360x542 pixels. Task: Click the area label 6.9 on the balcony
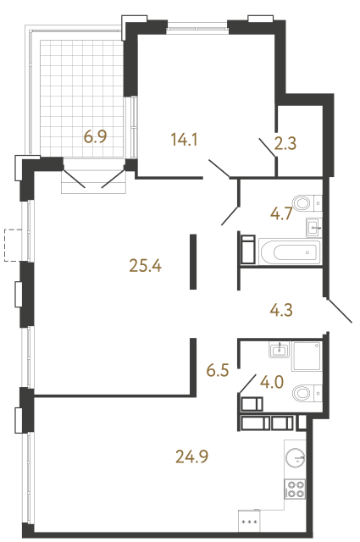pyautogui.click(x=94, y=136)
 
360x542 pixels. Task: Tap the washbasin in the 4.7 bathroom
pyautogui.click(x=313, y=227)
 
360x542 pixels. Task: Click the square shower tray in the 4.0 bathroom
pyautogui.click(x=307, y=358)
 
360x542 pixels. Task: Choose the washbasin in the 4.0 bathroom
pyautogui.click(x=279, y=349)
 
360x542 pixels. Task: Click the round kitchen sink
pyautogui.click(x=295, y=457)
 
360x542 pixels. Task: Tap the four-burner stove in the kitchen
pyautogui.click(x=296, y=489)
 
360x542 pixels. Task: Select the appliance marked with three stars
pyautogui.click(x=252, y=520)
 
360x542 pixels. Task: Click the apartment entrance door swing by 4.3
pyautogui.click(x=339, y=308)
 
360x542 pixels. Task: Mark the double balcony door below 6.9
pyautogui.click(x=94, y=179)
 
